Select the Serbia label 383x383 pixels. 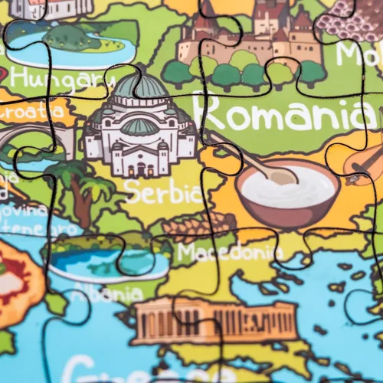tap(163, 191)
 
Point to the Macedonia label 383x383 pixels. tap(230, 251)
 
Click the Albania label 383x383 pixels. tap(107, 293)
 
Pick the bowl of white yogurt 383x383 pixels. tap(287, 191)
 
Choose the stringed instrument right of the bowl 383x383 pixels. tap(364, 165)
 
